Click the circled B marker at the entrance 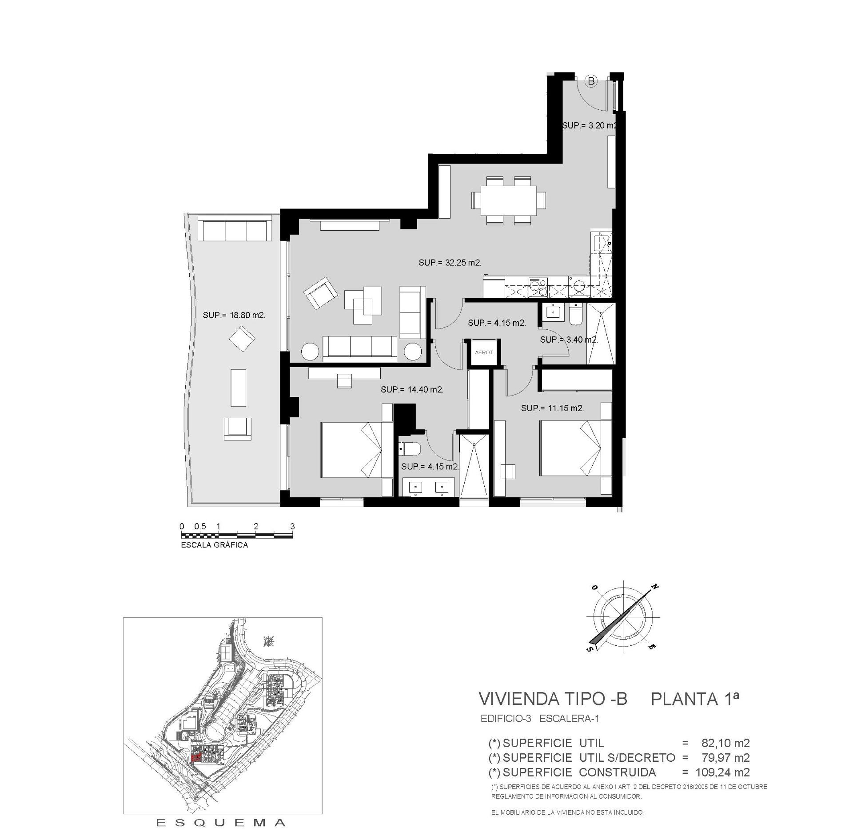591,81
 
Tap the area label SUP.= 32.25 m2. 450,263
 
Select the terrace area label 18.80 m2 234,315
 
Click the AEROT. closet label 484,352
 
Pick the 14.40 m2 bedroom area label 412,390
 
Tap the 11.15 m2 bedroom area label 552,408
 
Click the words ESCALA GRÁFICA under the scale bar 214,545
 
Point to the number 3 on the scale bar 292,526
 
